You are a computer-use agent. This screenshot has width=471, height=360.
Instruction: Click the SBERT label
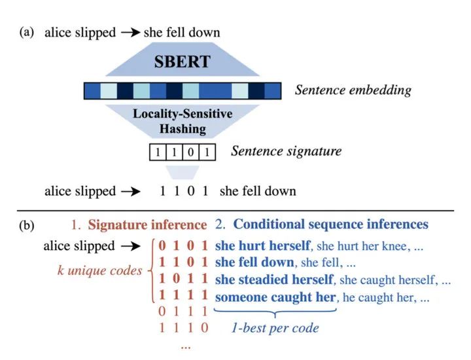coord(183,63)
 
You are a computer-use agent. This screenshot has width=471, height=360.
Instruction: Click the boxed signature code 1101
coord(181,153)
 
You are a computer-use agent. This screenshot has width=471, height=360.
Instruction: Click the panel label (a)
coord(27,32)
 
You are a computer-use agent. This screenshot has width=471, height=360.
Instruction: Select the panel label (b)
coord(27,225)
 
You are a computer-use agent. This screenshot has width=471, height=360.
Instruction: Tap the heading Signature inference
coord(147,225)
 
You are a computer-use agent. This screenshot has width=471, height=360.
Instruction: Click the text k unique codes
coord(99,270)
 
